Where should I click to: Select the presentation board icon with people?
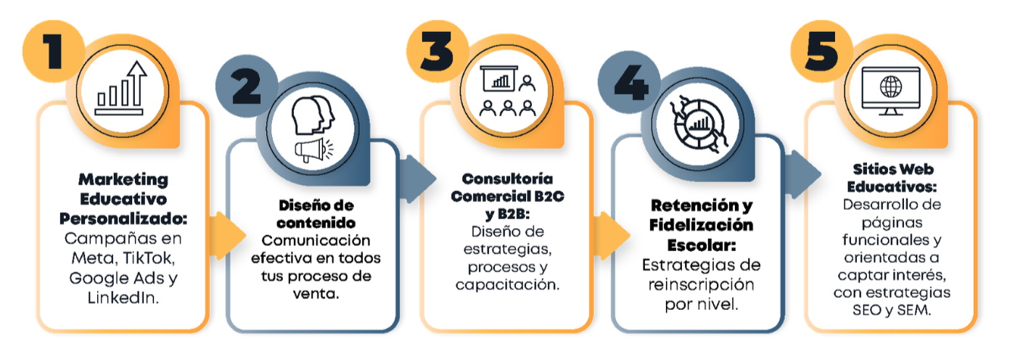point(507,91)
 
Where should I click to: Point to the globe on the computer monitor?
point(890,86)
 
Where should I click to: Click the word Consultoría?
point(507,179)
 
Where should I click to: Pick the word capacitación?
point(507,285)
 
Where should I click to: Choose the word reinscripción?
point(701,283)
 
